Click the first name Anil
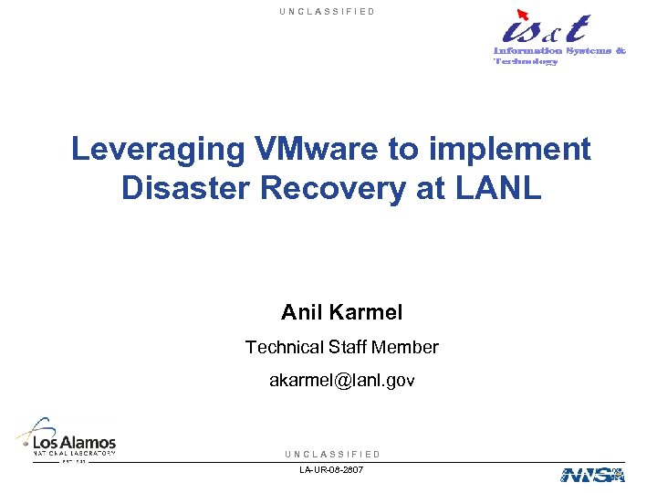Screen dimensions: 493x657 (x=301, y=313)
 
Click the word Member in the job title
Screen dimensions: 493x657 (x=409, y=348)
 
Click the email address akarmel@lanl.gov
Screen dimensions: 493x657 (x=341, y=381)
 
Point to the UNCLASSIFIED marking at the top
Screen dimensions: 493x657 (x=328, y=12)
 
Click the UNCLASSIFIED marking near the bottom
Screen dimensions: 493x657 (x=332, y=454)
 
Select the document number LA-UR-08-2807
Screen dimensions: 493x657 (x=330, y=469)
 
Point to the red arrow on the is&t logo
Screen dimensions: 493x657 (x=522, y=14)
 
